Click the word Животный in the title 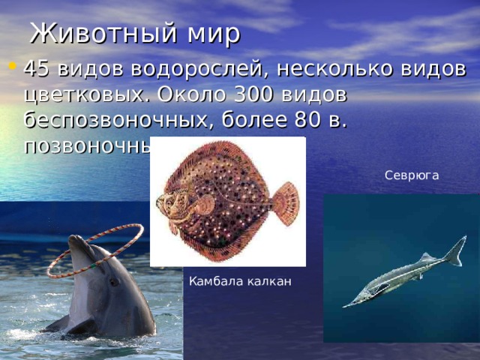point(101,34)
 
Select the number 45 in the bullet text point(37,70)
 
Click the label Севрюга point(411,175)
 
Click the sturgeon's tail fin point(454,251)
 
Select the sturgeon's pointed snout point(346,304)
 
